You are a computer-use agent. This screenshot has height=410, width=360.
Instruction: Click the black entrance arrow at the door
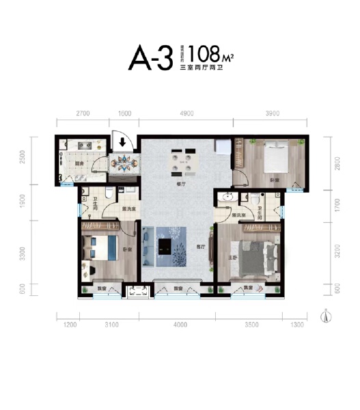[122, 143]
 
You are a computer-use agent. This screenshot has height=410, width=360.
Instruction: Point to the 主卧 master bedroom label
[234, 258]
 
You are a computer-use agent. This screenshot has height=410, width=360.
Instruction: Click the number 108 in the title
[207, 53]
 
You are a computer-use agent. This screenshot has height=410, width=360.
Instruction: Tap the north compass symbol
[327, 316]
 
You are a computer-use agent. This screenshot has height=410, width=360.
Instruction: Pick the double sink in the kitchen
[87, 146]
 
